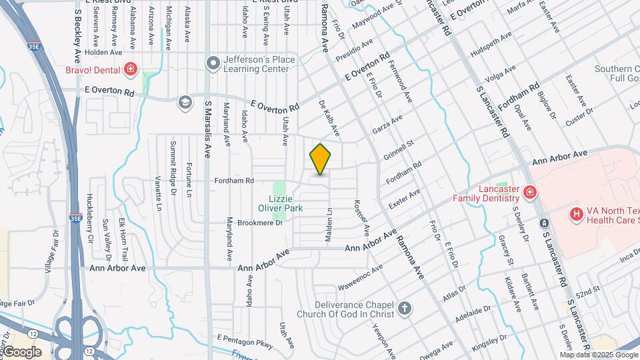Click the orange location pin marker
pyautogui.click(x=321, y=159)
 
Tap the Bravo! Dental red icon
pyautogui.click(x=131, y=69)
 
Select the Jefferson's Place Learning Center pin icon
pyautogui.click(x=213, y=63)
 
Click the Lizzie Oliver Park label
pyautogui.click(x=286, y=203)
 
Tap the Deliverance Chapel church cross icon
pyautogui.click(x=405, y=308)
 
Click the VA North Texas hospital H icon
pyautogui.click(x=575, y=214)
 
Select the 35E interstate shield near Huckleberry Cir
pyautogui.click(x=75, y=217)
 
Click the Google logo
pyautogui.click(x=22, y=351)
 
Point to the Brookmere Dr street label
pyautogui.click(x=260, y=223)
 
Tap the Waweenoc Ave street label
pyautogui.click(x=361, y=277)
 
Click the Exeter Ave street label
pyautogui.click(x=405, y=198)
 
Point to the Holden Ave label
pyautogui.click(x=104, y=52)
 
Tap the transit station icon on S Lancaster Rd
pyautogui.click(x=545, y=223)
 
